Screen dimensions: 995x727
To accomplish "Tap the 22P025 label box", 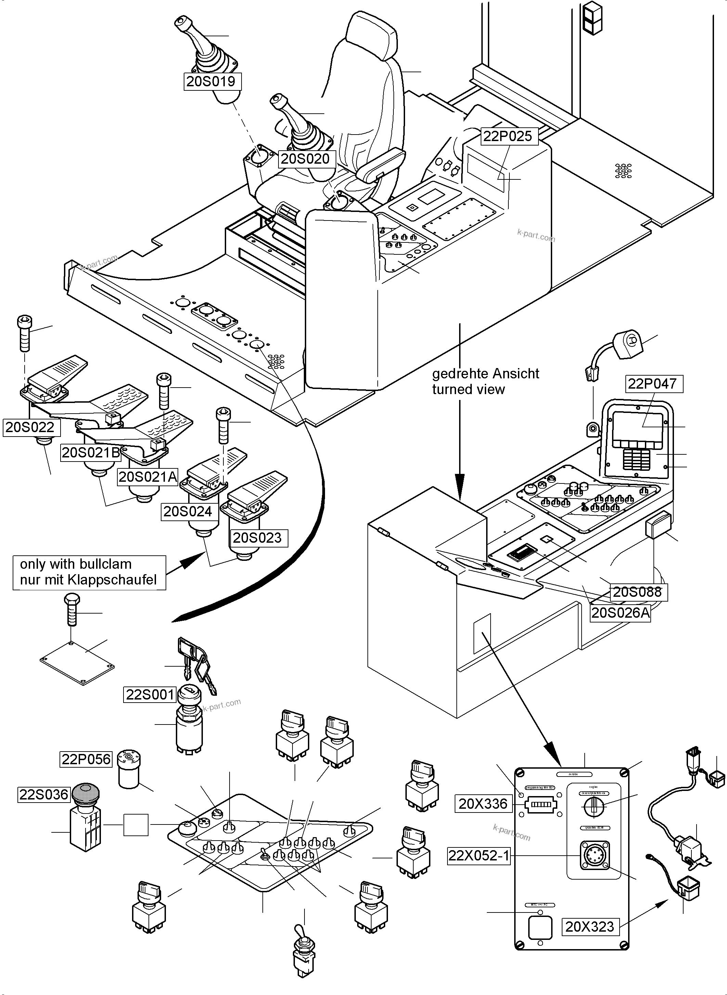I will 507,136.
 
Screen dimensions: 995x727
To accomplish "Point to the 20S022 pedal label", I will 30,427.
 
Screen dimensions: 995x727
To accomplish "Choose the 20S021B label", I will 91,452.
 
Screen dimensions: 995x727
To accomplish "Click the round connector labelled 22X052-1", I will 595,855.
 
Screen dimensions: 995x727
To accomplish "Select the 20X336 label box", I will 483,804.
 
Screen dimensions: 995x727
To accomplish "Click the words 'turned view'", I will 468,389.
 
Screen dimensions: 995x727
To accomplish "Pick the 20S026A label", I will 620,613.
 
